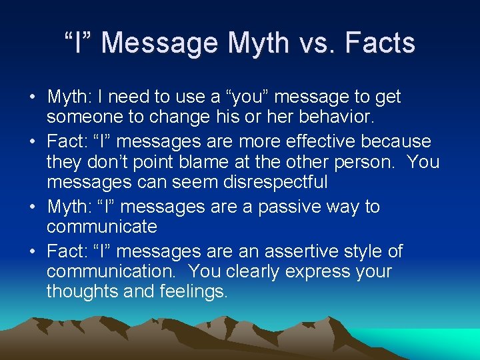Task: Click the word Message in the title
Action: [x=159, y=44]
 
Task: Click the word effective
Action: [x=317, y=142]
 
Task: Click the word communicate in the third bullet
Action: [x=101, y=226]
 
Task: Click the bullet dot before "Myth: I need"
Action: [x=32, y=97]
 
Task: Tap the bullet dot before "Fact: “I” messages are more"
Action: [x=32, y=143]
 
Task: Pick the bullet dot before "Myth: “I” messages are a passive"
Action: [x=32, y=207]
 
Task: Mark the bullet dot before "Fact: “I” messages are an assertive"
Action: [x=32, y=253]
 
